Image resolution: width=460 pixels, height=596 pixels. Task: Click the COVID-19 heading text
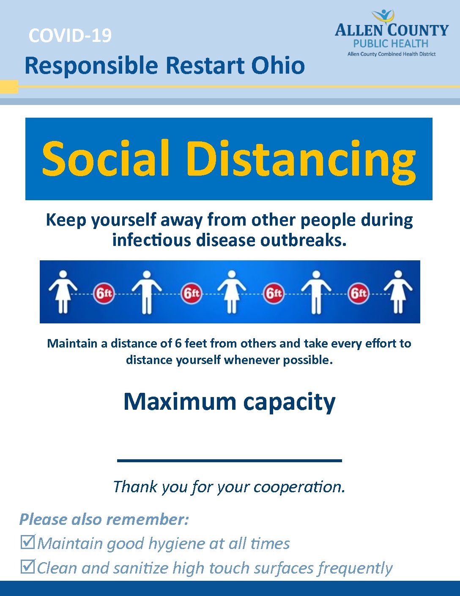pyautogui.click(x=70, y=36)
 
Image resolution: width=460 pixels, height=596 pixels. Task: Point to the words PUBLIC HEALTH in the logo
pyautogui.click(x=391, y=43)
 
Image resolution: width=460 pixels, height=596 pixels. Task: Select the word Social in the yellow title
pyautogui.click(x=105, y=159)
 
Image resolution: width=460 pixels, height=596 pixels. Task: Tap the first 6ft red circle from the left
pyautogui.click(x=104, y=293)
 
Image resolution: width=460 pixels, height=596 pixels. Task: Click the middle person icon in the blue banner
pyautogui.click(x=232, y=292)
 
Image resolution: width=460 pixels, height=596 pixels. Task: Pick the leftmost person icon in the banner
pyautogui.click(x=63, y=292)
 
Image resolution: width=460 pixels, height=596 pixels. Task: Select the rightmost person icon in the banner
pyautogui.click(x=398, y=292)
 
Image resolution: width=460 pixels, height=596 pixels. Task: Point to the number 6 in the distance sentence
pyautogui.click(x=178, y=343)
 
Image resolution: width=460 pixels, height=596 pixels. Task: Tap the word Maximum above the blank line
pyautogui.click(x=180, y=402)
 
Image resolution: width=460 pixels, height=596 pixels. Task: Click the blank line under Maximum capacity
pyautogui.click(x=230, y=461)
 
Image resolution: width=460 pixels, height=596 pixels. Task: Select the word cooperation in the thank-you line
pyautogui.click(x=299, y=487)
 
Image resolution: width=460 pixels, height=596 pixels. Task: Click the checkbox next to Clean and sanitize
pyautogui.click(x=27, y=566)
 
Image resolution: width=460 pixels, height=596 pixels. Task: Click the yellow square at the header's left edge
pyautogui.click(x=9, y=87)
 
